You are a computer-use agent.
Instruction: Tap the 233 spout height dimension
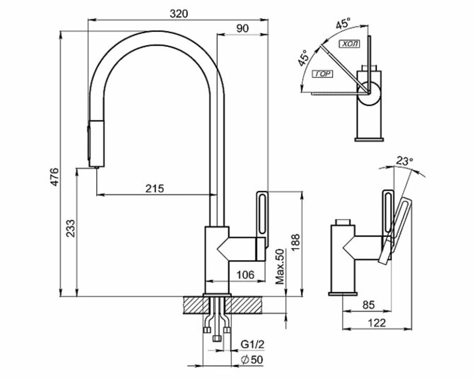69,230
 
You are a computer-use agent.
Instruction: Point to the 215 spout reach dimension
154,188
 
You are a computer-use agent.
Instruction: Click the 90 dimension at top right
242,28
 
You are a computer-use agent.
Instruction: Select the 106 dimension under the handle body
246,274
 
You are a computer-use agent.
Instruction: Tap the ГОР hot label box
322,74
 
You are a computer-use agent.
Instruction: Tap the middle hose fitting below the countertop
217,338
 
